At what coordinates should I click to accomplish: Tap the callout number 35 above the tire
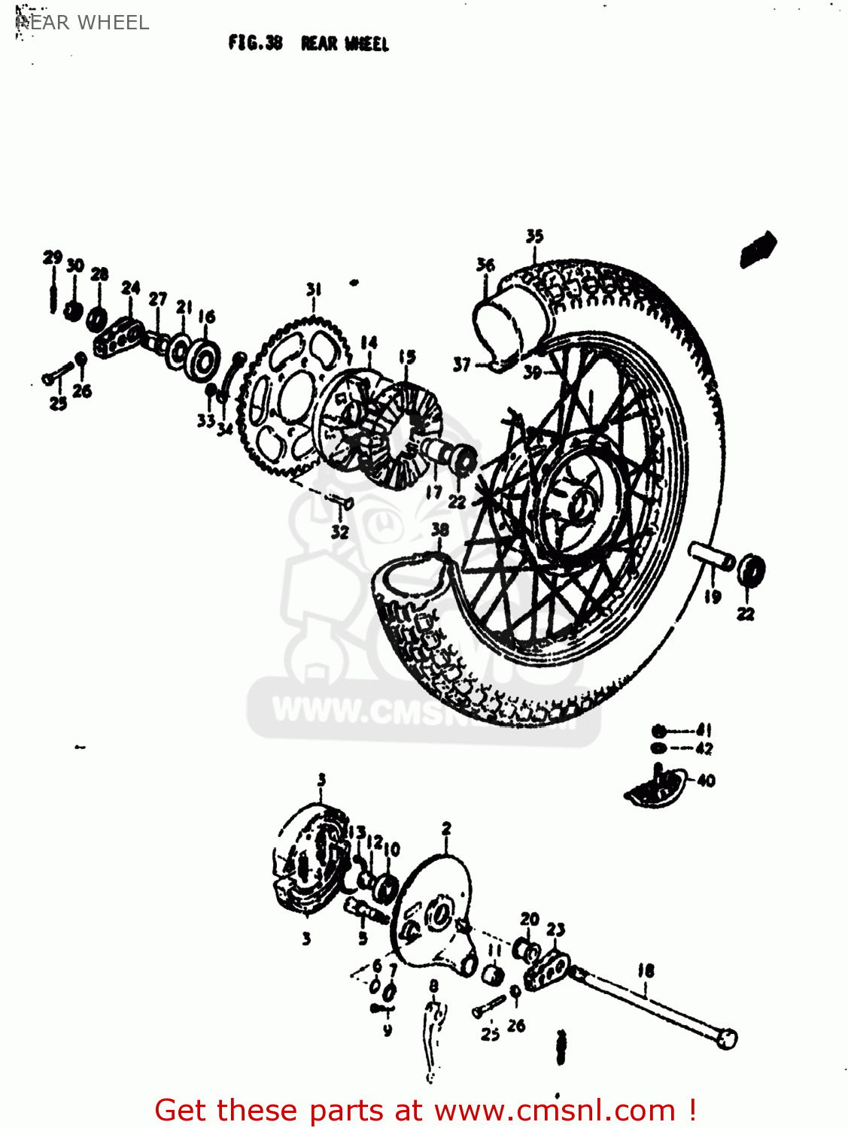pos(534,236)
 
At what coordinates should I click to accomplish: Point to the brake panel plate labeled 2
pos(433,914)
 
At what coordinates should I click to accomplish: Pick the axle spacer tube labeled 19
pos(712,557)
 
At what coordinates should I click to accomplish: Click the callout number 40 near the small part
pos(706,781)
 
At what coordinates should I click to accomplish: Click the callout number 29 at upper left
pos(52,258)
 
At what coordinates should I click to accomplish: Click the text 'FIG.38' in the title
pos(255,44)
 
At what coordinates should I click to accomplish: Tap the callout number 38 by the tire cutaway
pos(440,529)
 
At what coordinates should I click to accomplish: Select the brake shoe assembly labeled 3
pos(309,857)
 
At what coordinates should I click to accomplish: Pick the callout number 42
pos(704,748)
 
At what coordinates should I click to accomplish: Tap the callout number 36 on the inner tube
pos(485,265)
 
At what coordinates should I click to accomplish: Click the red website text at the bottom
pos(425,1110)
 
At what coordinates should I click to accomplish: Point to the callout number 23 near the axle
pos(555,929)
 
